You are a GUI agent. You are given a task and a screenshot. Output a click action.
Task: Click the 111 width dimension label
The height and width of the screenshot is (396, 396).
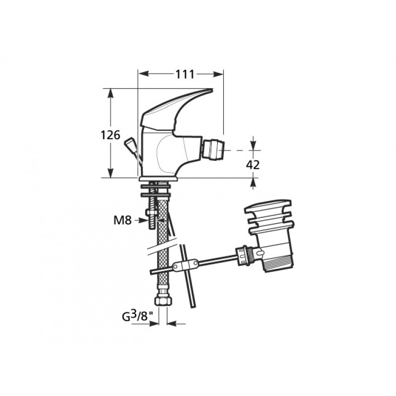tap(185, 74)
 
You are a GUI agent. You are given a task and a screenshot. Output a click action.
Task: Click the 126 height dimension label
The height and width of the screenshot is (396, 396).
tap(110, 135)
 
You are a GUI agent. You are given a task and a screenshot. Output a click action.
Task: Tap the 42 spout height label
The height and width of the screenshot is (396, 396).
tap(253, 165)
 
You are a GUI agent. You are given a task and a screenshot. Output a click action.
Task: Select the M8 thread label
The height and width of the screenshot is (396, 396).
tap(122, 220)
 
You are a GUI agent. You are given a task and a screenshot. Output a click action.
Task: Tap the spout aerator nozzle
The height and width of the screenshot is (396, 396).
tap(213, 150)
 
